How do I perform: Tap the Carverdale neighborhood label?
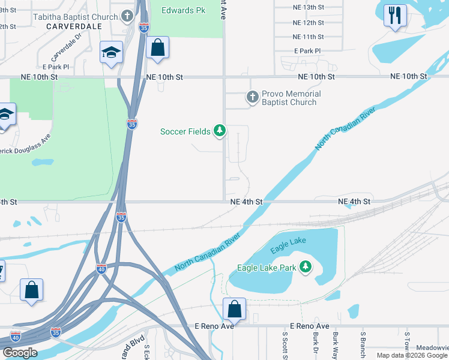(x=74, y=26)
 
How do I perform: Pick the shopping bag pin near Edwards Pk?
(x=157, y=49)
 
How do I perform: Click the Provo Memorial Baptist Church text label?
(x=291, y=98)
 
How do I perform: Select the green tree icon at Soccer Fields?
(x=220, y=130)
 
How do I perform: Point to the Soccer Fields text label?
(x=185, y=131)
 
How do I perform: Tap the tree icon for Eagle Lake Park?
(x=306, y=266)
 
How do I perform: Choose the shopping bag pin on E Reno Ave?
(x=235, y=310)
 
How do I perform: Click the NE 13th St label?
(x=308, y=7)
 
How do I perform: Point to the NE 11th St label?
(x=308, y=37)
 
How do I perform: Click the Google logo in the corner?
(x=20, y=353)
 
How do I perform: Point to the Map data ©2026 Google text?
(x=412, y=355)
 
